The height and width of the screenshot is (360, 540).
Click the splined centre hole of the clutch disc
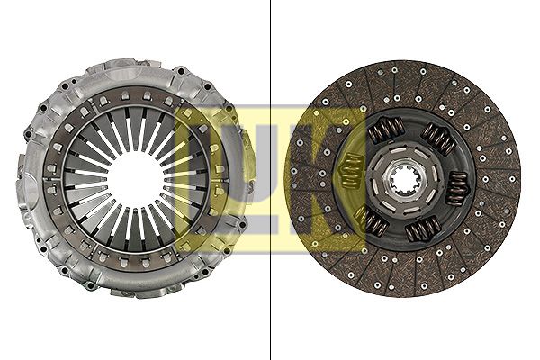click(403, 179)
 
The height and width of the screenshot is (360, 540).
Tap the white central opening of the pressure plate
click(136, 178)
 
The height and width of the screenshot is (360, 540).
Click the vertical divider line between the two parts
click(270, 180)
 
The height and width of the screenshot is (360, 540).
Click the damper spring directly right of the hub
click(456, 188)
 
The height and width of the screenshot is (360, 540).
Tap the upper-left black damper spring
click(386, 130)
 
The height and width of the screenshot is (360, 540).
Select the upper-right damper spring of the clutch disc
click(439, 139)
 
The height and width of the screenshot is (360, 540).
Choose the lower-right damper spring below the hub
click(423, 229)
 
